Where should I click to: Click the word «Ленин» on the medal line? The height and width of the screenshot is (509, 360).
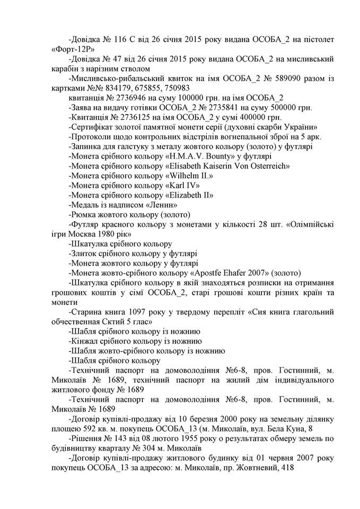point(161,205)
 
